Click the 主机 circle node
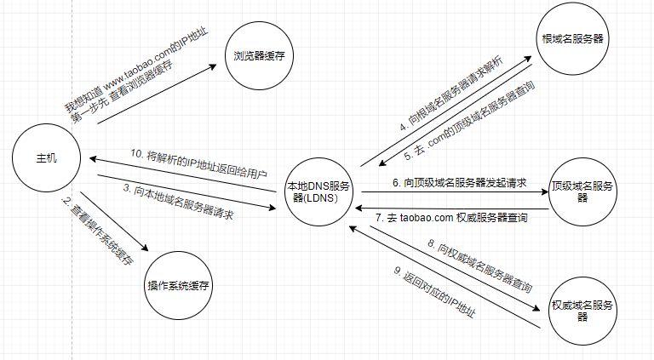click(47, 159)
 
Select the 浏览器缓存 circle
click(258, 56)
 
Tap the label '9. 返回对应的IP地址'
click(434, 294)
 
